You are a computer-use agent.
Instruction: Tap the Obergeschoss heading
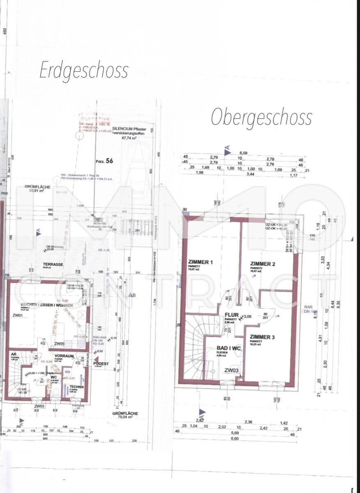[261, 118]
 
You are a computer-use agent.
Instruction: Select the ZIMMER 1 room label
[201, 262]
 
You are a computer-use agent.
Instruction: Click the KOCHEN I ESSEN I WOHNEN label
[41, 305]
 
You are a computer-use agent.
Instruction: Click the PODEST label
[101, 364]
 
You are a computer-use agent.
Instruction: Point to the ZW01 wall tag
[17, 316]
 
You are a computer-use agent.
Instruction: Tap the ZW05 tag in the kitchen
[60, 343]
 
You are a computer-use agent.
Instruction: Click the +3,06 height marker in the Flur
[246, 316]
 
